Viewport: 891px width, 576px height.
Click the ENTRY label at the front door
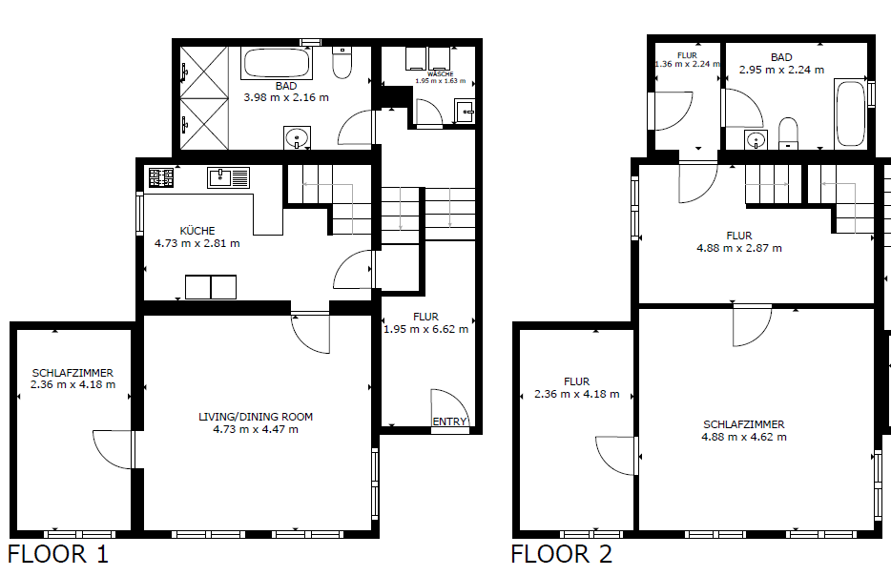pos(449,422)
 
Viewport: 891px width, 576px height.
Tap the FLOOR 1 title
pos(57,554)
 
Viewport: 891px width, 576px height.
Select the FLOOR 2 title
pos(562,554)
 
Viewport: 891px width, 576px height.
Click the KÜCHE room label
pos(197,231)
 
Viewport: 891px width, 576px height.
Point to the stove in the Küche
pos(161,177)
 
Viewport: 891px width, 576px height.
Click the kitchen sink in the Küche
pos(228,177)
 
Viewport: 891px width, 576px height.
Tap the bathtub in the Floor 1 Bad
pos(277,63)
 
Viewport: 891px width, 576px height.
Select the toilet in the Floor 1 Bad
pos(342,63)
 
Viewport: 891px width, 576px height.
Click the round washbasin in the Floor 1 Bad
pos(297,137)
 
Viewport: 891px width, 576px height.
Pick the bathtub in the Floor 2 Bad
pos(851,113)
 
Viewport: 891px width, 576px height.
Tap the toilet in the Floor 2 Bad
pos(788,134)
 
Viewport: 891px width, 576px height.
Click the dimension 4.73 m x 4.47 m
pos(256,429)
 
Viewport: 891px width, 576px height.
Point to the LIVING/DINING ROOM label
pos(256,417)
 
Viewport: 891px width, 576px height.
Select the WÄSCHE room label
pos(441,73)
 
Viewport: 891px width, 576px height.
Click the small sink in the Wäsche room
pos(465,112)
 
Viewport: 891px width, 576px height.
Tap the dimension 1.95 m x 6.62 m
pos(426,329)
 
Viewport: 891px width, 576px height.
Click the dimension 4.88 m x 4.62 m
pos(744,437)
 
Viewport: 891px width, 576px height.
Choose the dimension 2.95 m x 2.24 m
pos(781,70)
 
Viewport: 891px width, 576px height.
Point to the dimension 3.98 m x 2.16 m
pos(286,97)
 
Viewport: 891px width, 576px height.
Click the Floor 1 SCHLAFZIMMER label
pos(73,373)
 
